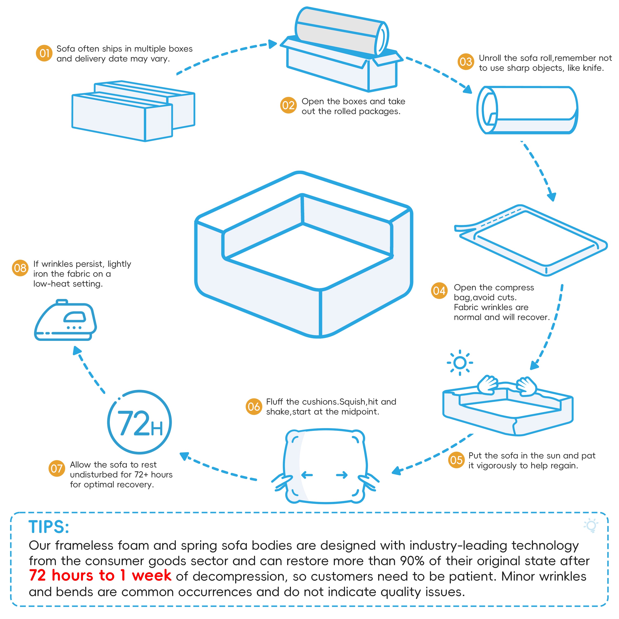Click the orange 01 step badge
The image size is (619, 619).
click(44, 53)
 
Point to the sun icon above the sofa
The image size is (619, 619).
click(460, 363)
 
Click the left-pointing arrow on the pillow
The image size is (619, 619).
click(307, 475)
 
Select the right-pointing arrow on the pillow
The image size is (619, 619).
click(342, 475)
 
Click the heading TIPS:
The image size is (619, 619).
click(49, 527)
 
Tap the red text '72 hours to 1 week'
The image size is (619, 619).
click(100, 575)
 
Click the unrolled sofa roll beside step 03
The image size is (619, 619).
click(527, 110)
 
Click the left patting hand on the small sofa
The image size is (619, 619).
click(487, 384)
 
